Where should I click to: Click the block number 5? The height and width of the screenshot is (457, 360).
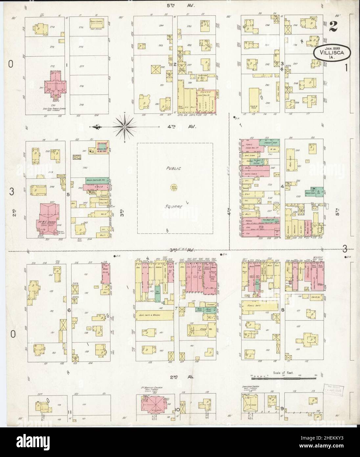click(68, 194)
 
